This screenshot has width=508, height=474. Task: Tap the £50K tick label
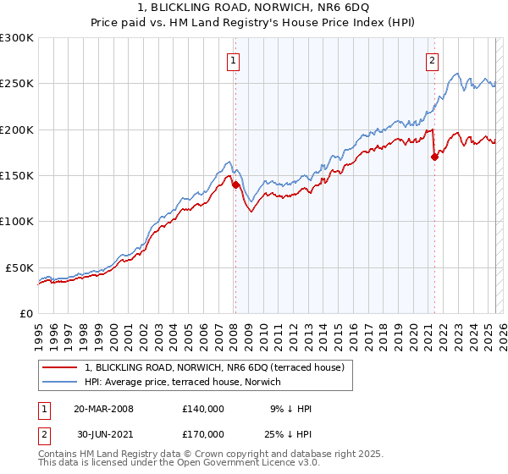[x=20, y=267]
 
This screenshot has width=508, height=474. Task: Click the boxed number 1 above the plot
[x=232, y=59]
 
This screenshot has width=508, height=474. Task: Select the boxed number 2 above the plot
[x=432, y=59]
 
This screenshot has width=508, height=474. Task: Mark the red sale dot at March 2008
[x=235, y=185]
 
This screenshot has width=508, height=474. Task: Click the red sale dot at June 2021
[x=434, y=157]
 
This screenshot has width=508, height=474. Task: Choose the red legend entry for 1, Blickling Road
[x=213, y=368]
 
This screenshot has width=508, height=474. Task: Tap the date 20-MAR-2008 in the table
[x=103, y=409]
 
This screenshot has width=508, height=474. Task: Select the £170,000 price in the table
[x=202, y=433]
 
